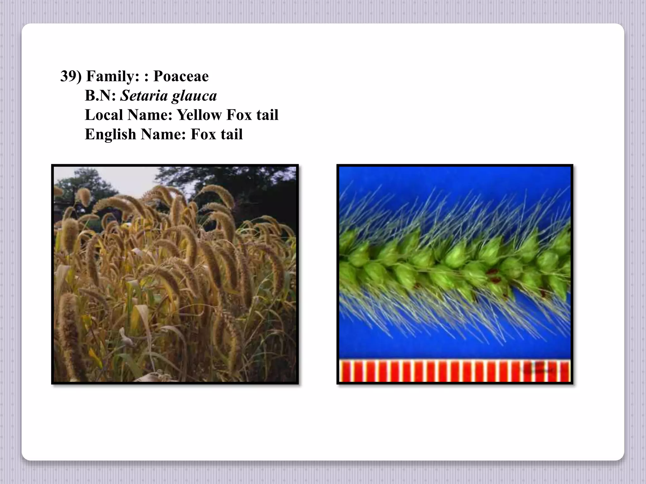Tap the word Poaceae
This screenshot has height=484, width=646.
point(181,77)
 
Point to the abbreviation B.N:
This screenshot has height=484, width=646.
point(100,96)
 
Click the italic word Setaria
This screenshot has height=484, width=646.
point(144,96)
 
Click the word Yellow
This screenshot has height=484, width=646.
point(199,115)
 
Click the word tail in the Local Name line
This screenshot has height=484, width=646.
point(267,115)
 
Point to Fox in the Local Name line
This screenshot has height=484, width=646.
point(237,115)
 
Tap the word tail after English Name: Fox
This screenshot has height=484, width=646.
point(232,135)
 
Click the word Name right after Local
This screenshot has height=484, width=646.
point(150,115)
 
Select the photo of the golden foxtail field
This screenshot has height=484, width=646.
point(175,274)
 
